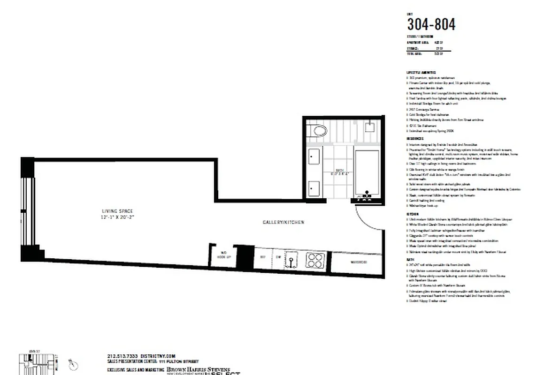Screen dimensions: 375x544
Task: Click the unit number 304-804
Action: (x=430, y=24)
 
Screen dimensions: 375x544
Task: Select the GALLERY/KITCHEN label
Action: (x=283, y=222)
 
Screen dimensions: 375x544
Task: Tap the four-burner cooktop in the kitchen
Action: (x=314, y=260)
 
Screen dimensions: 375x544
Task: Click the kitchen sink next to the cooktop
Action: (x=292, y=260)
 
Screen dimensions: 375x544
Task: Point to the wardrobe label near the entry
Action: (x=358, y=262)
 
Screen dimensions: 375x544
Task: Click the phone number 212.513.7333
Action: (x=123, y=356)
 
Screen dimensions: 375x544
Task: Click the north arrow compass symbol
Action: (x=73, y=363)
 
